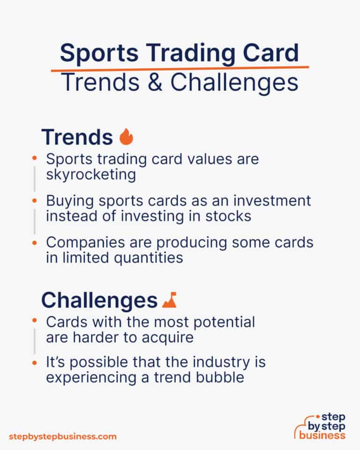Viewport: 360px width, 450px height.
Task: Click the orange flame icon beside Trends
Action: (x=127, y=137)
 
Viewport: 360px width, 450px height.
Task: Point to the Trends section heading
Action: (x=77, y=137)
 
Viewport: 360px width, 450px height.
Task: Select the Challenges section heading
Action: (x=99, y=300)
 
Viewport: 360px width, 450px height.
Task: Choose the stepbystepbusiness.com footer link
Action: (x=62, y=436)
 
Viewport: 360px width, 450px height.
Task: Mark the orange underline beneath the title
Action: (x=180, y=68)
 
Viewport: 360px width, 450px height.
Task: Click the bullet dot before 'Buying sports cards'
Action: (x=34, y=201)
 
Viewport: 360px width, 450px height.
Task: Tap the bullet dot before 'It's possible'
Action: (x=34, y=362)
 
